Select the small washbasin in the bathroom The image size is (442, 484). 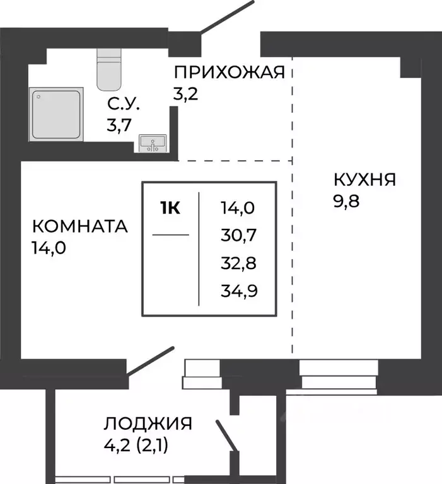point(151,143)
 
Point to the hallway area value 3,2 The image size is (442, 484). point(185,95)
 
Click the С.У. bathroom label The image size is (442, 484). point(124,104)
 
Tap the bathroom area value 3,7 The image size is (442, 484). point(119,125)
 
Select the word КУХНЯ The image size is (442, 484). point(364,181)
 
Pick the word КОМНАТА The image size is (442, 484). point(79,226)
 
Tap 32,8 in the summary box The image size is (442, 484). point(240,262)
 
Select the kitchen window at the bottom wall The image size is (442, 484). point(339,374)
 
